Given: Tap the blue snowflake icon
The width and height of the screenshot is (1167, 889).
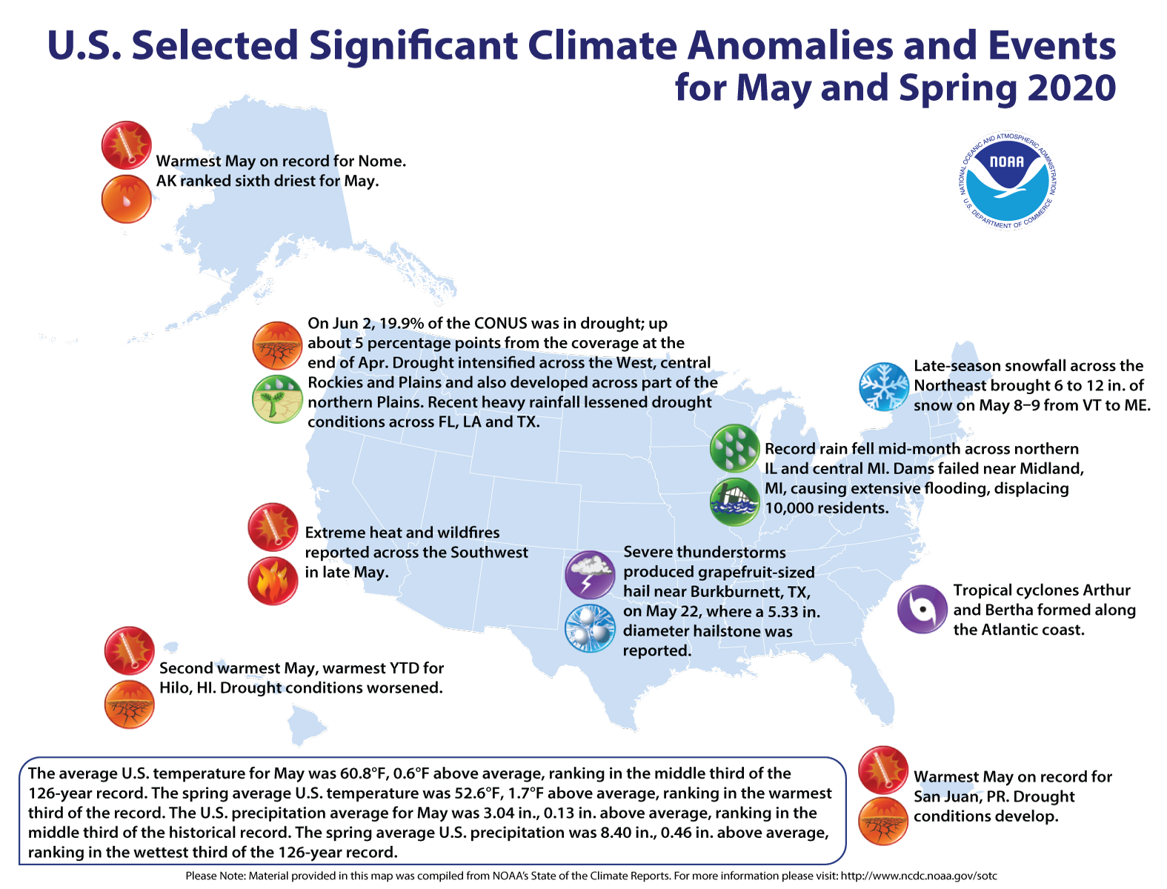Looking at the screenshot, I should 883,387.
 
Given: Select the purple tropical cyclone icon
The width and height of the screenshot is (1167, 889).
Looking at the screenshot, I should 922,609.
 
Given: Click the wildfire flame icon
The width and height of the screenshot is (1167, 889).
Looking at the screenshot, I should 273,581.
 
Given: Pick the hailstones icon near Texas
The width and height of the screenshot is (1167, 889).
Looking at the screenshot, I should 590,629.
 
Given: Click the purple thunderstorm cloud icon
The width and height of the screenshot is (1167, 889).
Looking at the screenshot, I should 590,574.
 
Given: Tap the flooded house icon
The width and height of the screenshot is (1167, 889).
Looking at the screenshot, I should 735,502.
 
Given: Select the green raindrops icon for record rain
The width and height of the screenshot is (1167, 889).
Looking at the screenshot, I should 735,448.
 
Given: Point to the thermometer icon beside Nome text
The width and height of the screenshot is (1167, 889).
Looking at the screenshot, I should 127,145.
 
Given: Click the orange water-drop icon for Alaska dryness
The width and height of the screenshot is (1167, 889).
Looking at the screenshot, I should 127,199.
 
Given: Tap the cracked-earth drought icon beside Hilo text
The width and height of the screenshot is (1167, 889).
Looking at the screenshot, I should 130,705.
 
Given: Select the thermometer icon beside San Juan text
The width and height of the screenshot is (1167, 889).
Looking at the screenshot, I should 883,770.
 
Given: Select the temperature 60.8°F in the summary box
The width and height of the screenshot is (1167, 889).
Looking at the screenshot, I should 364,774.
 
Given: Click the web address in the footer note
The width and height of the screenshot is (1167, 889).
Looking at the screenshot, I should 919,876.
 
